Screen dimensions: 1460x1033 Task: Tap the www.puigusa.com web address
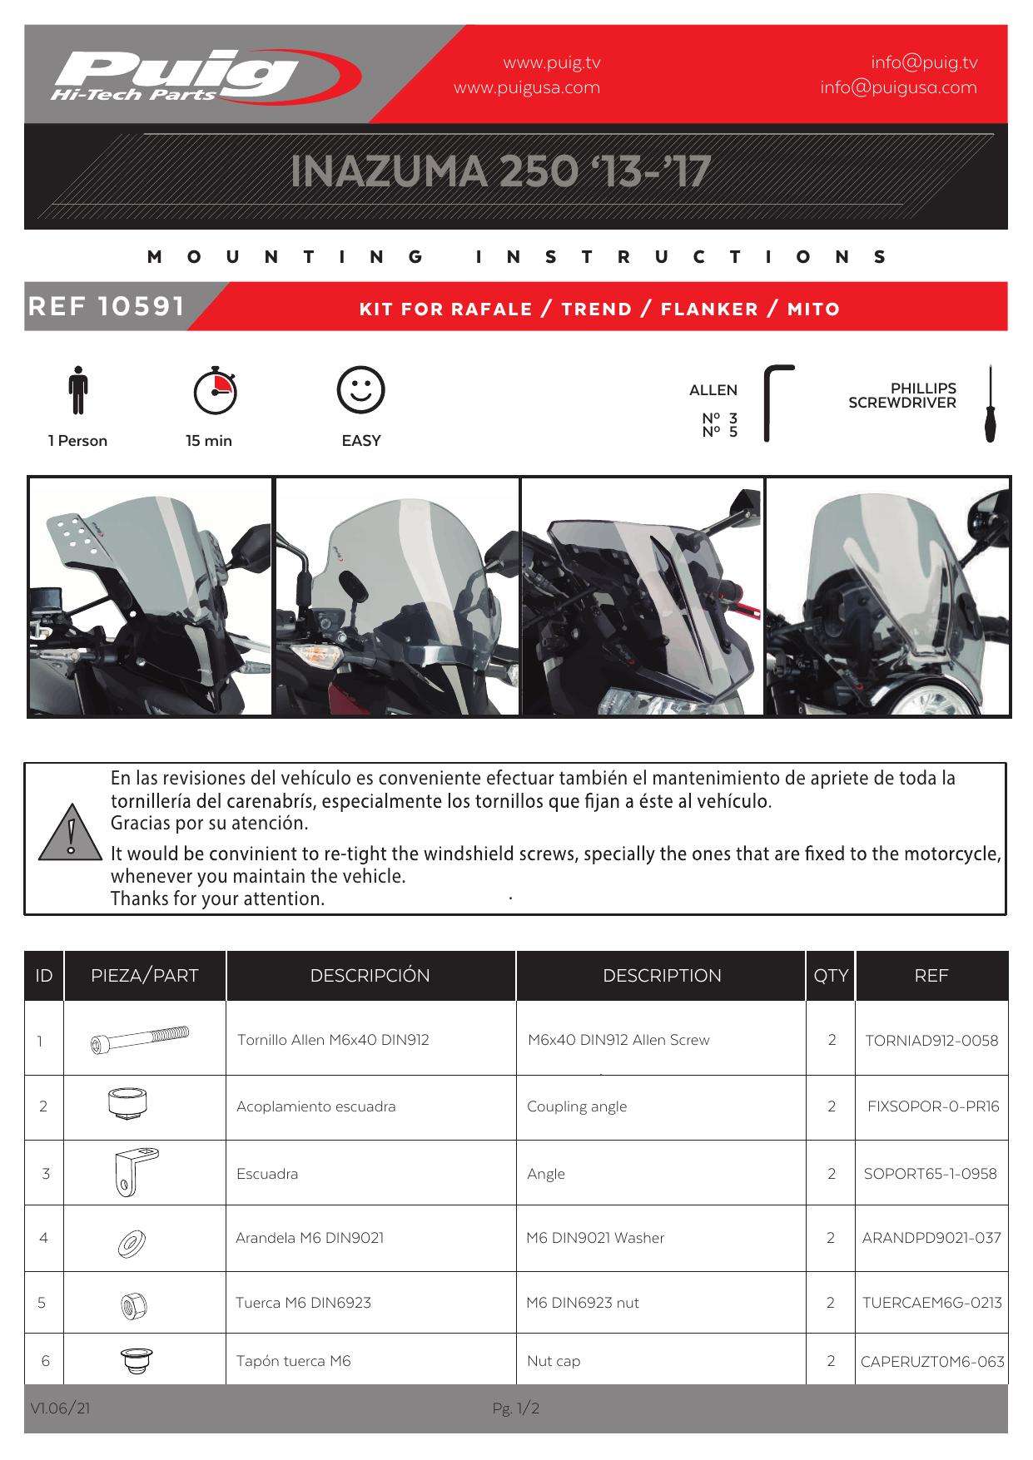pyautogui.click(x=526, y=87)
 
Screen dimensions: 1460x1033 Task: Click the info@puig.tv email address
pyautogui.click(x=924, y=62)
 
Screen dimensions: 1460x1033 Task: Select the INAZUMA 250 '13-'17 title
pyautogui.click(x=500, y=171)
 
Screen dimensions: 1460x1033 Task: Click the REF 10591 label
pyautogui.click(x=107, y=306)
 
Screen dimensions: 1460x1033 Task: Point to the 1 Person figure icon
pyautogui.click(x=78, y=390)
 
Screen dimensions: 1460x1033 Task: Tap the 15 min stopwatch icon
pyautogui.click(x=215, y=389)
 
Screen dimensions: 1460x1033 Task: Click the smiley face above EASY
pyautogui.click(x=360, y=389)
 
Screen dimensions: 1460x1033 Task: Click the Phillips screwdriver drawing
pyautogui.click(x=990, y=403)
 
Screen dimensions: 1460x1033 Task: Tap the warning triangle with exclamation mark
pyautogui.click(x=71, y=833)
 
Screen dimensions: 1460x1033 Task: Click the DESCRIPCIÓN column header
pyautogui.click(x=370, y=976)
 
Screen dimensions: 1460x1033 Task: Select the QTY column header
pyautogui.click(x=830, y=976)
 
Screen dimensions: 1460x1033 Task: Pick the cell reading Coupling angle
pyautogui.click(x=577, y=1106)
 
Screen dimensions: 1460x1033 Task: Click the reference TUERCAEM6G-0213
pyautogui.click(x=931, y=1303)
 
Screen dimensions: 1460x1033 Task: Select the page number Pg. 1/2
pyautogui.click(x=516, y=1408)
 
